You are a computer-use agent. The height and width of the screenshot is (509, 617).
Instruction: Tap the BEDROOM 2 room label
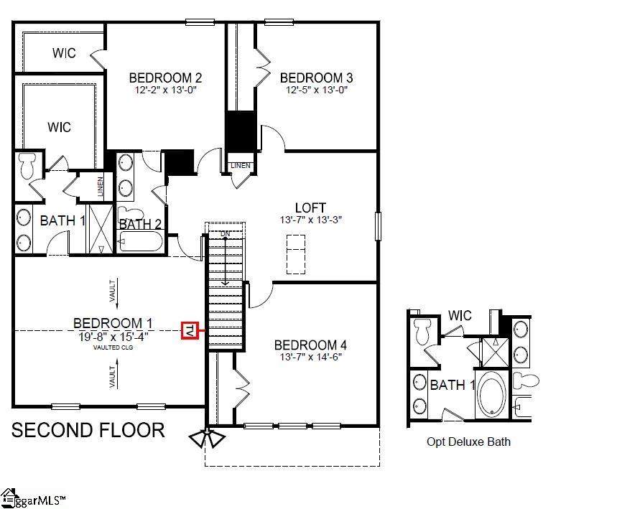click(165, 78)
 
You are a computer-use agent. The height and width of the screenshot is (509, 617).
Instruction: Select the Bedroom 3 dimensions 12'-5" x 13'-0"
click(317, 90)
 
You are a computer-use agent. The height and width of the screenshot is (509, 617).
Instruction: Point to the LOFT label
click(310, 207)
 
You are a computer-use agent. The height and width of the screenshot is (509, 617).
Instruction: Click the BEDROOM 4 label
click(310, 345)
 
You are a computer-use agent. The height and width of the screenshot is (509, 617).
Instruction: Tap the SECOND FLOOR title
click(88, 430)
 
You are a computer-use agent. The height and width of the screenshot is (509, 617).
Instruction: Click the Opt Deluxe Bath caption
click(468, 442)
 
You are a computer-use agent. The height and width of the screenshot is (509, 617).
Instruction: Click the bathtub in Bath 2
click(141, 241)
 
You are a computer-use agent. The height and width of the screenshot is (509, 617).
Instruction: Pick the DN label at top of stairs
click(225, 234)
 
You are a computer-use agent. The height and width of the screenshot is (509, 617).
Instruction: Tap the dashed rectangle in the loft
click(296, 254)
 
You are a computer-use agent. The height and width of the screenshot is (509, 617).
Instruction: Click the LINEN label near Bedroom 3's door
click(241, 166)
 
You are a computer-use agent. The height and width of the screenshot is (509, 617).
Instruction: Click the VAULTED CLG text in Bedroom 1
click(113, 347)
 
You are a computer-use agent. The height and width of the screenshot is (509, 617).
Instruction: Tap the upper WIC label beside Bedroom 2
click(64, 52)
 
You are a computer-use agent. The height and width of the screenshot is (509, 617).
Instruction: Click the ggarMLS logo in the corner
click(32, 499)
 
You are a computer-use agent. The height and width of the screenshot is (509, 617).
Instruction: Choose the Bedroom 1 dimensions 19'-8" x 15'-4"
click(113, 337)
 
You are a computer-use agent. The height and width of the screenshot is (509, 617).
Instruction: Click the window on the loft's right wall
click(378, 226)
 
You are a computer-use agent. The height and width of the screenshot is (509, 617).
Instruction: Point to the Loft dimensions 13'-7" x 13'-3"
click(310, 220)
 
